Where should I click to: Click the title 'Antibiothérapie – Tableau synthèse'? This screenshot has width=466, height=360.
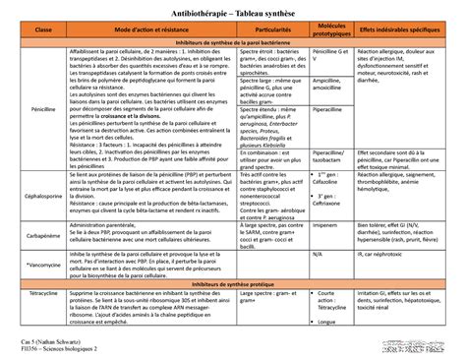(232, 14)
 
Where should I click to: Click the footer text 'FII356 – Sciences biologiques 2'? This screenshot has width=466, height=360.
(49, 348)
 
